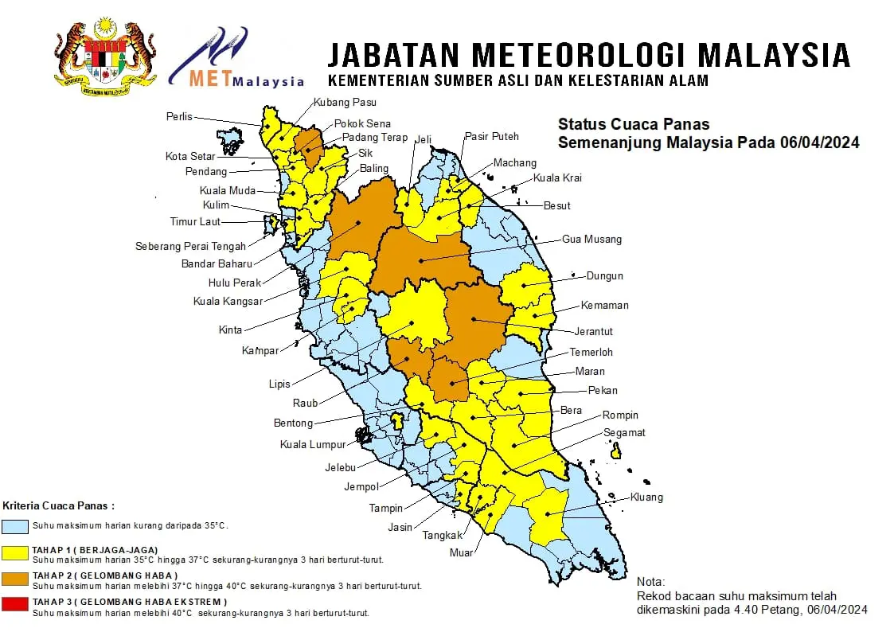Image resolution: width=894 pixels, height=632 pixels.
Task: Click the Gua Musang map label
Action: [x=591, y=239]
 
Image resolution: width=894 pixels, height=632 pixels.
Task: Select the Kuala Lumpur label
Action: [x=313, y=444]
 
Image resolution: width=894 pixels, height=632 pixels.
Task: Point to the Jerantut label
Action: [x=594, y=331]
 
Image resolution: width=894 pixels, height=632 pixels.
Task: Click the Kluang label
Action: [x=646, y=497]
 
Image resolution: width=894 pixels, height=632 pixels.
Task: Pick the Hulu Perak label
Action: [x=235, y=283]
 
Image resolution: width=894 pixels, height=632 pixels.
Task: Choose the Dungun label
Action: [x=604, y=276]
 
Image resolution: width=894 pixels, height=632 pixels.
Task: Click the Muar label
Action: [x=461, y=552]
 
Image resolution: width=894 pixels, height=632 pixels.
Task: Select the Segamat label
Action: [x=624, y=433]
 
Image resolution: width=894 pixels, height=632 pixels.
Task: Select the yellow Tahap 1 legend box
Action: [x=16, y=553]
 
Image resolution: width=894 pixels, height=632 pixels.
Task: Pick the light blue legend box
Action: [x=16, y=526]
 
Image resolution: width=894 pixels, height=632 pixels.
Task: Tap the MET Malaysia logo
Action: [x=236, y=60]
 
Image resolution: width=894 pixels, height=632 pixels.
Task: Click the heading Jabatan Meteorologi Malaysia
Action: [x=589, y=55]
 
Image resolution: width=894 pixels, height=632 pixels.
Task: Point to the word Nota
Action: [x=652, y=582]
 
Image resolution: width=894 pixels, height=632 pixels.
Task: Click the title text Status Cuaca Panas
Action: [x=634, y=124]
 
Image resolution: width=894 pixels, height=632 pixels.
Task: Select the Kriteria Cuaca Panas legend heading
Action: [x=59, y=505]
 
